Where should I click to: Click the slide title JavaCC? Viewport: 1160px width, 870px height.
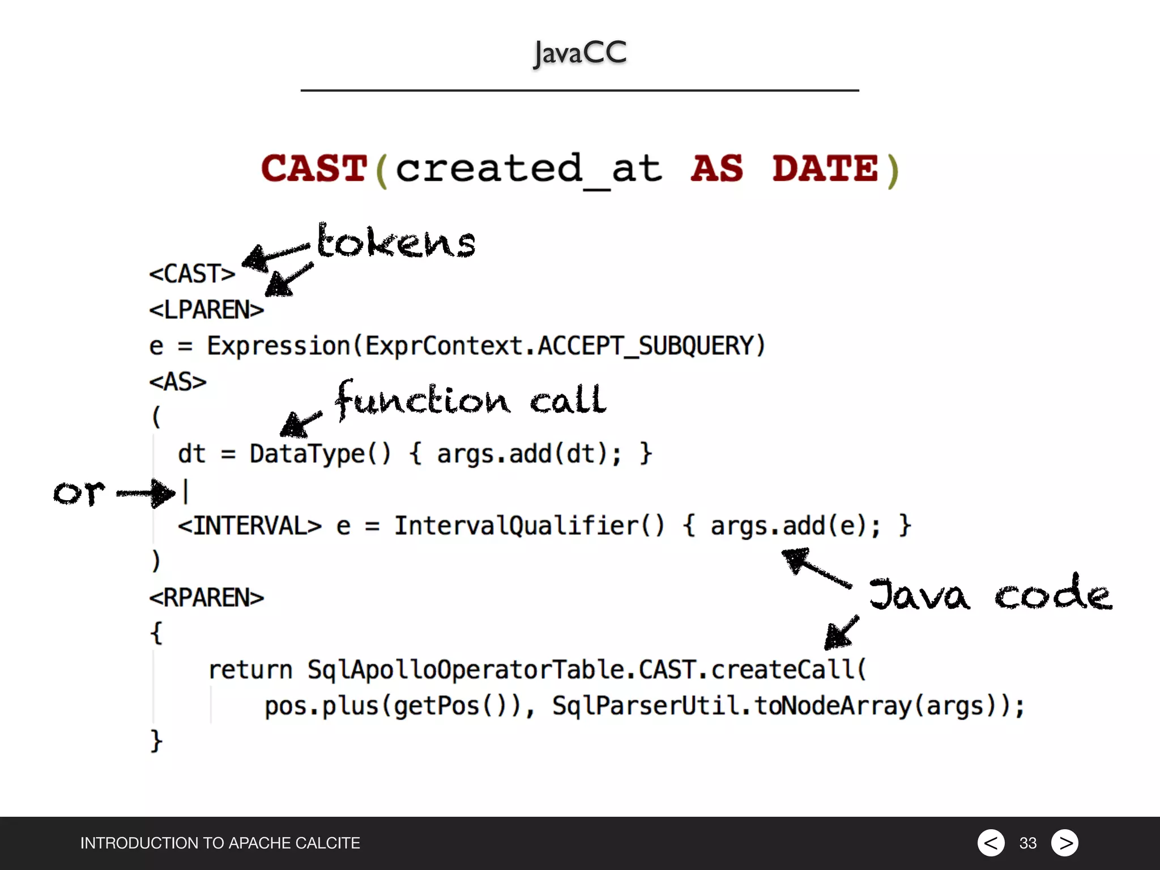pyautogui.click(x=580, y=53)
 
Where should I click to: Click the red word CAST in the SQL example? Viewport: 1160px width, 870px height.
pyautogui.click(x=314, y=169)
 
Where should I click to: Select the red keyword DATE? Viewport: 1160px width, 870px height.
pyautogui.click(x=825, y=169)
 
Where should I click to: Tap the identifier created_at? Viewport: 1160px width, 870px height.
pyautogui.click(x=528, y=169)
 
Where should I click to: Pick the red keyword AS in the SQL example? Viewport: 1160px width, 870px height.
pyautogui.click(x=717, y=169)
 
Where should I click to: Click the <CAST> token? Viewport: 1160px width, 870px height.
pyautogui.click(x=192, y=274)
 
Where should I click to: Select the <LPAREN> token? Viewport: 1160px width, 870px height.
pyautogui.click(x=207, y=310)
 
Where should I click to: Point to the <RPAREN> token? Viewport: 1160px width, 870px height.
pyautogui.click(x=207, y=598)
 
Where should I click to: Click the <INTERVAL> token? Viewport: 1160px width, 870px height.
pyautogui.click(x=250, y=526)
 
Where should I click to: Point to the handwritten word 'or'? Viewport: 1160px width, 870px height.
pyautogui.click(x=79, y=493)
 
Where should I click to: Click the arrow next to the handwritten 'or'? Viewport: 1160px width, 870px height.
pyautogui.click(x=146, y=493)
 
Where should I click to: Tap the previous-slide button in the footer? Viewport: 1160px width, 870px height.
pyautogui.click(x=991, y=843)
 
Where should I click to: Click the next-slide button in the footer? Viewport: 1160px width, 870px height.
pyautogui.click(x=1065, y=843)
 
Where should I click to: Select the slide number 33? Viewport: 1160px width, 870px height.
pyautogui.click(x=1027, y=843)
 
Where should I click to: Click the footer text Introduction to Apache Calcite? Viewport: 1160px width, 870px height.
pyautogui.click(x=220, y=843)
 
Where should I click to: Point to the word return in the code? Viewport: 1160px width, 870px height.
pyautogui.click(x=250, y=671)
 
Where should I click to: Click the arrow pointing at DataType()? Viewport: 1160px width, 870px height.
pyautogui.click(x=300, y=423)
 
